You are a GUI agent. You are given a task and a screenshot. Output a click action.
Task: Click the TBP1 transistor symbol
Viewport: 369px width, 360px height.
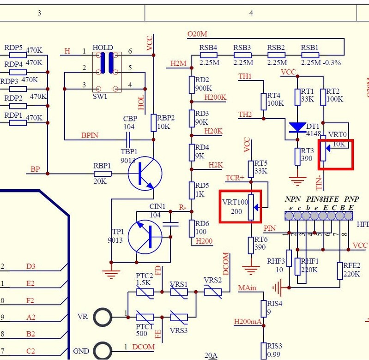pyautogui.click(x=145, y=173)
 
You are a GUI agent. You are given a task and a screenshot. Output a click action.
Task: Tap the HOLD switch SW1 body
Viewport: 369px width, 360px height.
pyautogui.click(x=107, y=71)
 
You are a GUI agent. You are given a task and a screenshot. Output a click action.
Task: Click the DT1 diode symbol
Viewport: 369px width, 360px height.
pyautogui.click(x=298, y=127)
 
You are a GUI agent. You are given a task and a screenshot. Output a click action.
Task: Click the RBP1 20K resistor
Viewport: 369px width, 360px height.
pyautogui.click(x=103, y=174)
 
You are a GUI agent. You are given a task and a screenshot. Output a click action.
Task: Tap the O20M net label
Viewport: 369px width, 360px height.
pyautogui.click(x=197, y=34)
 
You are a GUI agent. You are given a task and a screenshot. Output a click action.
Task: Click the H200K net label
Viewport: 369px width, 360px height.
pyautogui.click(x=215, y=97)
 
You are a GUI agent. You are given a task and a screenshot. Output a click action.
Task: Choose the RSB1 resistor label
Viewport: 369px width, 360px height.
pyautogui.click(x=310, y=48)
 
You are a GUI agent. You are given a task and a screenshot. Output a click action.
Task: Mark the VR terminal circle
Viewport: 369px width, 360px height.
pyautogui.click(x=103, y=317)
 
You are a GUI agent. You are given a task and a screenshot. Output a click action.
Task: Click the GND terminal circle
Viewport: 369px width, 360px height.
pyautogui.click(x=103, y=350)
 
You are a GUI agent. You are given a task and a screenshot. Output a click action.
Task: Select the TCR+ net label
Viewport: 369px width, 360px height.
pyautogui.click(x=235, y=178)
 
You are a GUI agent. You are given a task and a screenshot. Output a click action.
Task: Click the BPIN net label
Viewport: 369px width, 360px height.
pyautogui.click(x=90, y=136)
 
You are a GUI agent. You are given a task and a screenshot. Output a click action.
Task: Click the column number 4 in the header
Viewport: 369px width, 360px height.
pyautogui.click(x=251, y=13)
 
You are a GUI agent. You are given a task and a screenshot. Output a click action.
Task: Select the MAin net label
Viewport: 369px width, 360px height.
pyautogui.click(x=247, y=288)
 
